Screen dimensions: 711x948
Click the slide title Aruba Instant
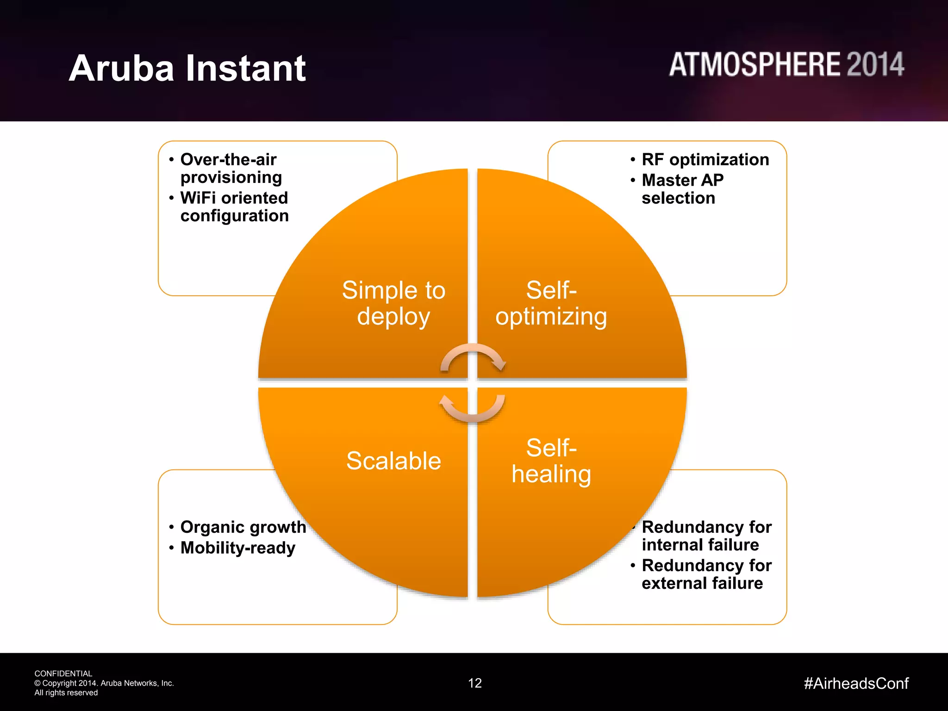click(187, 69)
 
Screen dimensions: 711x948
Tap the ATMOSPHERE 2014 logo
click(786, 64)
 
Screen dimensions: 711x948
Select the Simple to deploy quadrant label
click(393, 303)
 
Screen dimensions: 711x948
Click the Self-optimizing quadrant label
click(551, 303)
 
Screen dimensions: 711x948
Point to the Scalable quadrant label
click(393, 461)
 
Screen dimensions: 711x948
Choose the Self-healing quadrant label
click(551, 461)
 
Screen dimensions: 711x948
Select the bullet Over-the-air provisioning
click(231, 168)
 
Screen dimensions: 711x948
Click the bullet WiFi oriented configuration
click(234, 207)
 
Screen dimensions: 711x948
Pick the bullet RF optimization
click(705, 160)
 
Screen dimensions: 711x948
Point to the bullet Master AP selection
click(682, 189)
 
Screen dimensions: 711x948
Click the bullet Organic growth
click(243, 527)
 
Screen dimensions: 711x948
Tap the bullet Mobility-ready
click(237, 548)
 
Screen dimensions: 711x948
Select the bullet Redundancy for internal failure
click(706, 536)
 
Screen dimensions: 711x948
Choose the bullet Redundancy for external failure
click(706, 574)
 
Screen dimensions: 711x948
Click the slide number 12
click(475, 683)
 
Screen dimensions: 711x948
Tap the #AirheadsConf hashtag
click(856, 683)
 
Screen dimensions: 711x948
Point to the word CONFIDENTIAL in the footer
click(63, 674)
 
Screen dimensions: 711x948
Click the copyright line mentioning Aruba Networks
click(104, 683)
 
